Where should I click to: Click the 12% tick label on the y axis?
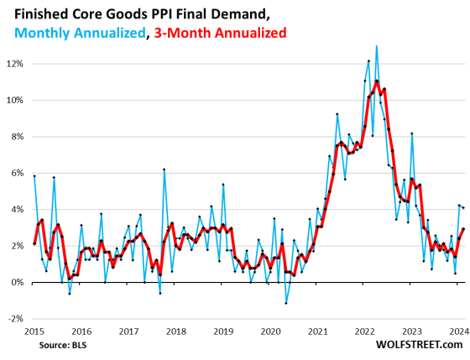[x=15, y=64]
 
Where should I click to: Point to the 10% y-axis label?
[x=15, y=100]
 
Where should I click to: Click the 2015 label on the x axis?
[x=34, y=331]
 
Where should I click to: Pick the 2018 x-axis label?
[x=175, y=331]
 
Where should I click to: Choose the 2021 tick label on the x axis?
[x=316, y=331]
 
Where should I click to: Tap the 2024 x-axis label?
[x=456, y=331]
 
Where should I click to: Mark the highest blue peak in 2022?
[x=376, y=45]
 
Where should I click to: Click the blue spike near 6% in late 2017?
[x=164, y=170]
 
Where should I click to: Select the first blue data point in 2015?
[x=34, y=176]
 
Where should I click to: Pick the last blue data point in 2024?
[x=463, y=207]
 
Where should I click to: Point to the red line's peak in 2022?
[x=377, y=81]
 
